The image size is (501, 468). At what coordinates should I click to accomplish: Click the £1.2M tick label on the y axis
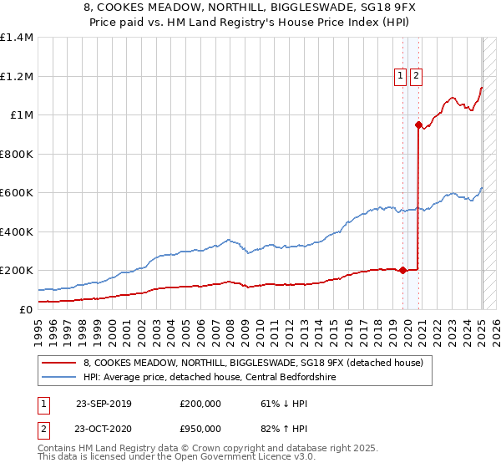point(17,76)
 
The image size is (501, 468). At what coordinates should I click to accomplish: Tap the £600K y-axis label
point(17,193)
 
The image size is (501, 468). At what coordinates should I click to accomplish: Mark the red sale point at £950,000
point(417,125)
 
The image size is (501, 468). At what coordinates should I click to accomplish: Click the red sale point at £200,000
point(402,270)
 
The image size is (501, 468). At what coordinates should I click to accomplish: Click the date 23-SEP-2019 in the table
point(104,404)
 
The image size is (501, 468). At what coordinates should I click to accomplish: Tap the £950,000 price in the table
point(200,429)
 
